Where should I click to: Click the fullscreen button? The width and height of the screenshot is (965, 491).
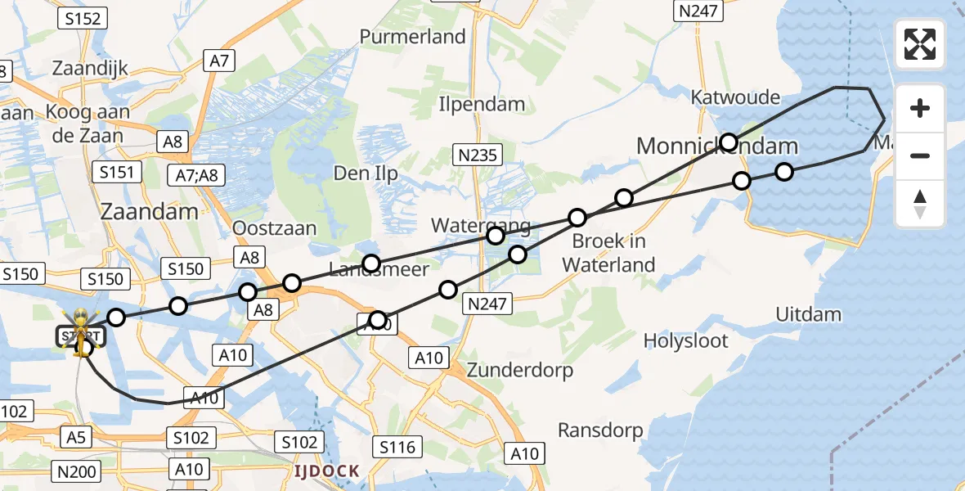tap(920, 44)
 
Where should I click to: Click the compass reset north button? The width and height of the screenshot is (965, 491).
tap(920, 204)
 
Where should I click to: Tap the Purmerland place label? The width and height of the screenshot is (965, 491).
tap(412, 37)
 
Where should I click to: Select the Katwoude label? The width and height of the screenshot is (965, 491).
tap(735, 97)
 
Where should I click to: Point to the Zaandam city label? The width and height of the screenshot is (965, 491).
tap(149, 211)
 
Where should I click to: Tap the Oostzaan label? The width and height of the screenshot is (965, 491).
tap(275, 227)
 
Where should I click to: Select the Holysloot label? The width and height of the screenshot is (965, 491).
tap(685, 340)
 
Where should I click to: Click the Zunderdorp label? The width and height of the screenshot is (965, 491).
tap(520, 370)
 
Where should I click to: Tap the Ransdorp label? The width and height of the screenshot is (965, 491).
tap(600, 430)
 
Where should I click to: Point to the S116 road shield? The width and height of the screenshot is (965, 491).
tap(397, 447)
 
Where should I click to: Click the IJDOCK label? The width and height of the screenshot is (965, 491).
tap(327, 471)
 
